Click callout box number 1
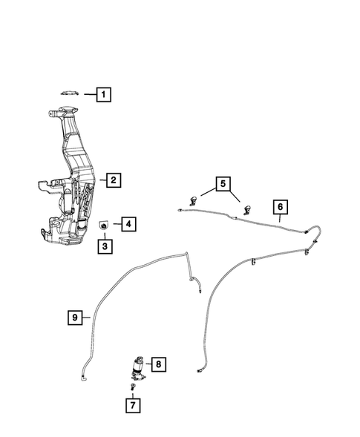point(103,94)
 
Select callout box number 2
point(112,180)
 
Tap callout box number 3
point(105,246)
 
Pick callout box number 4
point(127,223)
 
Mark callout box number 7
point(132,406)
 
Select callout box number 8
point(157,364)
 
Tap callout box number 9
point(76,318)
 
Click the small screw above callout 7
point(132,387)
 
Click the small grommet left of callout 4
point(105,224)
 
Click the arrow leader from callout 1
point(88,94)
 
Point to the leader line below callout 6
point(279,218)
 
